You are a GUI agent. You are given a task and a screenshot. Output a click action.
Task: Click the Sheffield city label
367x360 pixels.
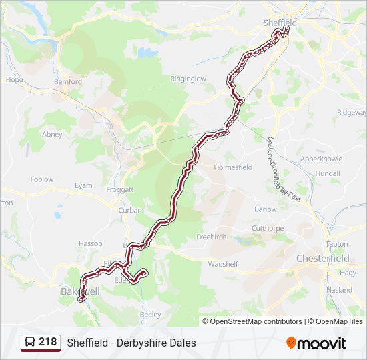point(280,22)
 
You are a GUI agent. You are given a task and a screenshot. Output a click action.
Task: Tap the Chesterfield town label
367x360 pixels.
point(322,258)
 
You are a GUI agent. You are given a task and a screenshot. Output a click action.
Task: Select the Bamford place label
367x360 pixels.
point(68,82)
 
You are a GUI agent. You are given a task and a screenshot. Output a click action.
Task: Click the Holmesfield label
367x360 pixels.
point(233,167)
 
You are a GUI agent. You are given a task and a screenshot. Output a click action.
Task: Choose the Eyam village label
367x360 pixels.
point(83,185)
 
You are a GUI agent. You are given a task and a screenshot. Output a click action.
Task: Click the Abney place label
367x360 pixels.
point(52,134)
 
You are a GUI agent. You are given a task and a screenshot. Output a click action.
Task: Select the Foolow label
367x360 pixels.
point(42,179)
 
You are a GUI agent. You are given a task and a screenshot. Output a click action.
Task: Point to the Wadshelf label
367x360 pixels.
point(223,264)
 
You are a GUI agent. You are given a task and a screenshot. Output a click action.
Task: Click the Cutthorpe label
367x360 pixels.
point(267,228)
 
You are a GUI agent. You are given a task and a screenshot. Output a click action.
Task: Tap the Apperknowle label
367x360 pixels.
point(322,159)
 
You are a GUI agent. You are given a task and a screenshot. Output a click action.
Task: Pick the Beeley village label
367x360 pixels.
point(151,313)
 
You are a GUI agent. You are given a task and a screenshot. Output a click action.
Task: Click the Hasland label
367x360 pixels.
point(339,290)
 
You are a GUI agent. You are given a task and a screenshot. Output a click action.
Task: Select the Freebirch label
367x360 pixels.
point(211,237)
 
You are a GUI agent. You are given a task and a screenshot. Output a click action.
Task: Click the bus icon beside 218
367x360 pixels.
point(30,343)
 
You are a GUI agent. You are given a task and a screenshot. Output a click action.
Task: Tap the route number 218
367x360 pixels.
point(48,342)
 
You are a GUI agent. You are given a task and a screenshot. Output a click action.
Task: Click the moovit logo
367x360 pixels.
point(316,343)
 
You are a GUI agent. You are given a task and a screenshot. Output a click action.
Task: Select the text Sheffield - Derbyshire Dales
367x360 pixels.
point(131,343)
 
